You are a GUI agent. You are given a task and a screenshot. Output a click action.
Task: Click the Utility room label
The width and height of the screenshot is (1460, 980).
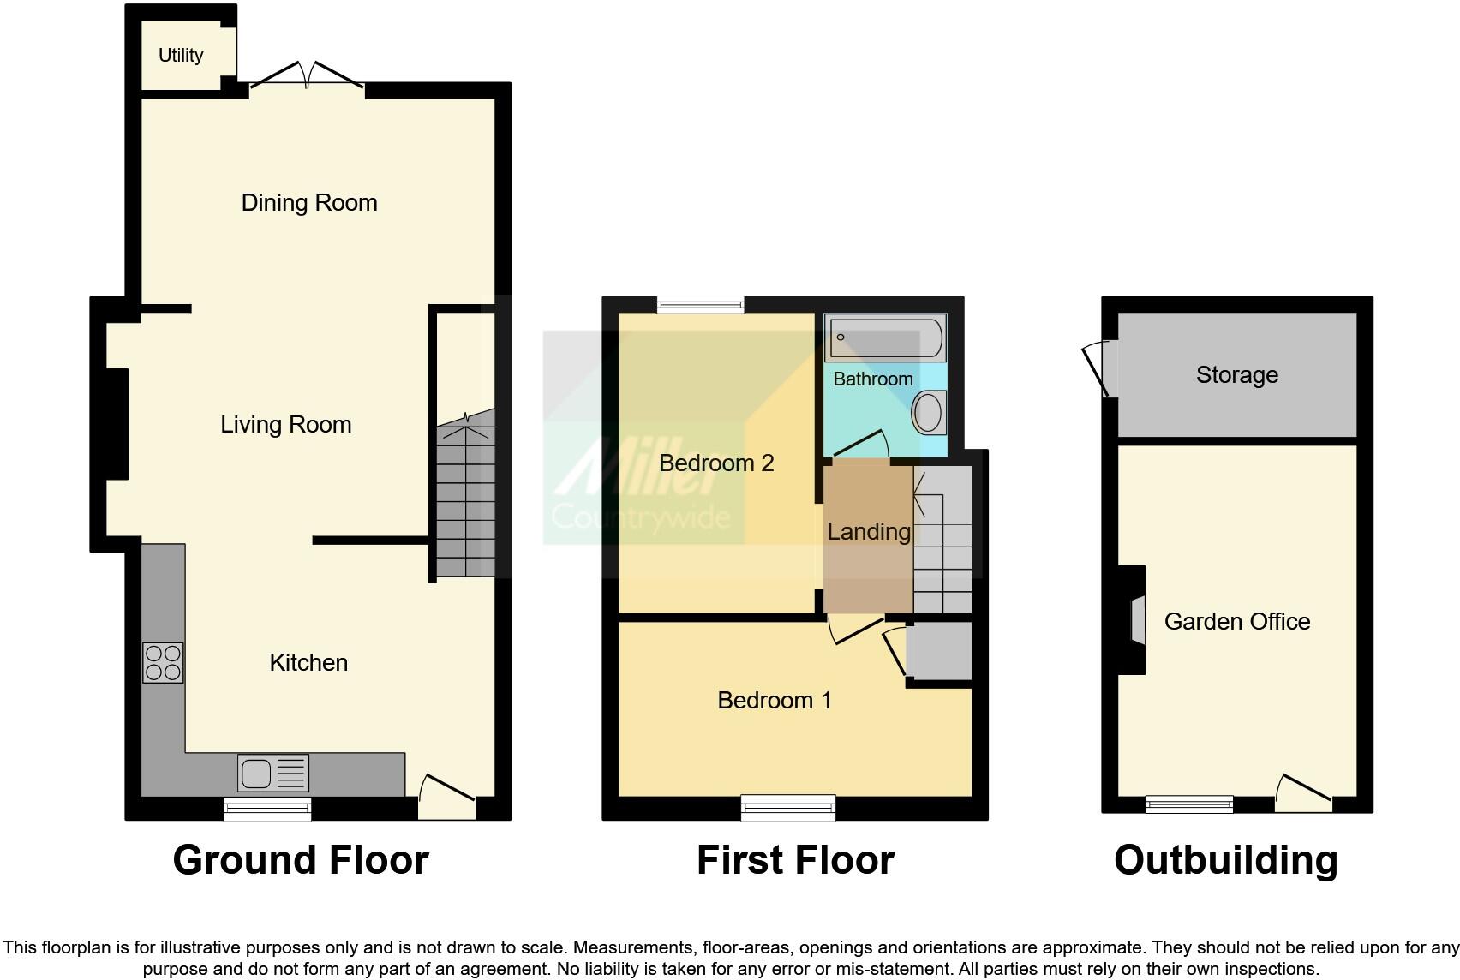click(181, 56)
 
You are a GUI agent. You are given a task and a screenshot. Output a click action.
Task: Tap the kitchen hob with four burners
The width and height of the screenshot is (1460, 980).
click(163, 662)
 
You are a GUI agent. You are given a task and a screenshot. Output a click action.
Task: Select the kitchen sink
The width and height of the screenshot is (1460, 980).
click(272, 774)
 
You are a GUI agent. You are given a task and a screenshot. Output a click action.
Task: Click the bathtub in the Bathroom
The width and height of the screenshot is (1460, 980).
click(884, 338)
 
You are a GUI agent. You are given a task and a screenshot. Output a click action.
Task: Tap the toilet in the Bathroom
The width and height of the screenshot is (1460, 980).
click(929, 412)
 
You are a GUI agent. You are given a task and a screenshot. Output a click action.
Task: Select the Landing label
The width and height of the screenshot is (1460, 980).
click(868, 532)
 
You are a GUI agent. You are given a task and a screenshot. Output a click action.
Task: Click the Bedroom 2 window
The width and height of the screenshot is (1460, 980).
click(700, 304)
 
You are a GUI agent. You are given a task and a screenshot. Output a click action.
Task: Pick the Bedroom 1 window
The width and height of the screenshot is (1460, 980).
click(787, 807)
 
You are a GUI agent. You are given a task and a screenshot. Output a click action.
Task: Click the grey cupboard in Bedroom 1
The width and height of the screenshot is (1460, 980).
click(940, 651)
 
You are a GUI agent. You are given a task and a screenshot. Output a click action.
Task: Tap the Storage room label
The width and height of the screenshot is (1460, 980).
click(1236, 375)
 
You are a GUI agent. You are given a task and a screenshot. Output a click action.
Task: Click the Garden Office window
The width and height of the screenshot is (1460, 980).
click(1189, 804)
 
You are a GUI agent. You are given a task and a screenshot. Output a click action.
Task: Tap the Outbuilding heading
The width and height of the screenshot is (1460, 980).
click(1225, 860)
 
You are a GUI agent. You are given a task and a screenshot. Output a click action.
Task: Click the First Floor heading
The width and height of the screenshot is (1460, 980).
click(795, 860)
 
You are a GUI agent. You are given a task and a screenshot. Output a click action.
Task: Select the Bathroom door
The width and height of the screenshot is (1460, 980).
click(859, 445)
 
